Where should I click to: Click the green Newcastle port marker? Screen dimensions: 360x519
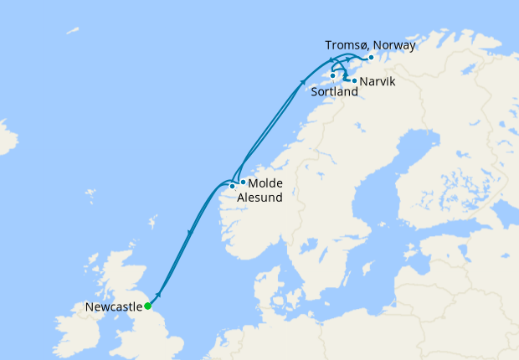147,306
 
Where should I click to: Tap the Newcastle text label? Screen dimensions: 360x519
114,307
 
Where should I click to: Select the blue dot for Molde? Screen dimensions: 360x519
243,182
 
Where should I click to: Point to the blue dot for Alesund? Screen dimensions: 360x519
232,186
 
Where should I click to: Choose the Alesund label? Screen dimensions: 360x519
259,198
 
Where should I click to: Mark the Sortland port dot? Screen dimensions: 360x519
333,76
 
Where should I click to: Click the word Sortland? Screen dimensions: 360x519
334,91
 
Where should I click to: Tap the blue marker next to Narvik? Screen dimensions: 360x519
354,81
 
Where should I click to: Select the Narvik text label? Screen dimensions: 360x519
377,81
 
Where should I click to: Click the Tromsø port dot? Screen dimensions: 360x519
371,58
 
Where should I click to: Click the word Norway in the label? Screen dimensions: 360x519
394,45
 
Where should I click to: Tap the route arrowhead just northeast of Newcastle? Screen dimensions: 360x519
158,295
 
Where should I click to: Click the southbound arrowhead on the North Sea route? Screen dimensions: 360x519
191,232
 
